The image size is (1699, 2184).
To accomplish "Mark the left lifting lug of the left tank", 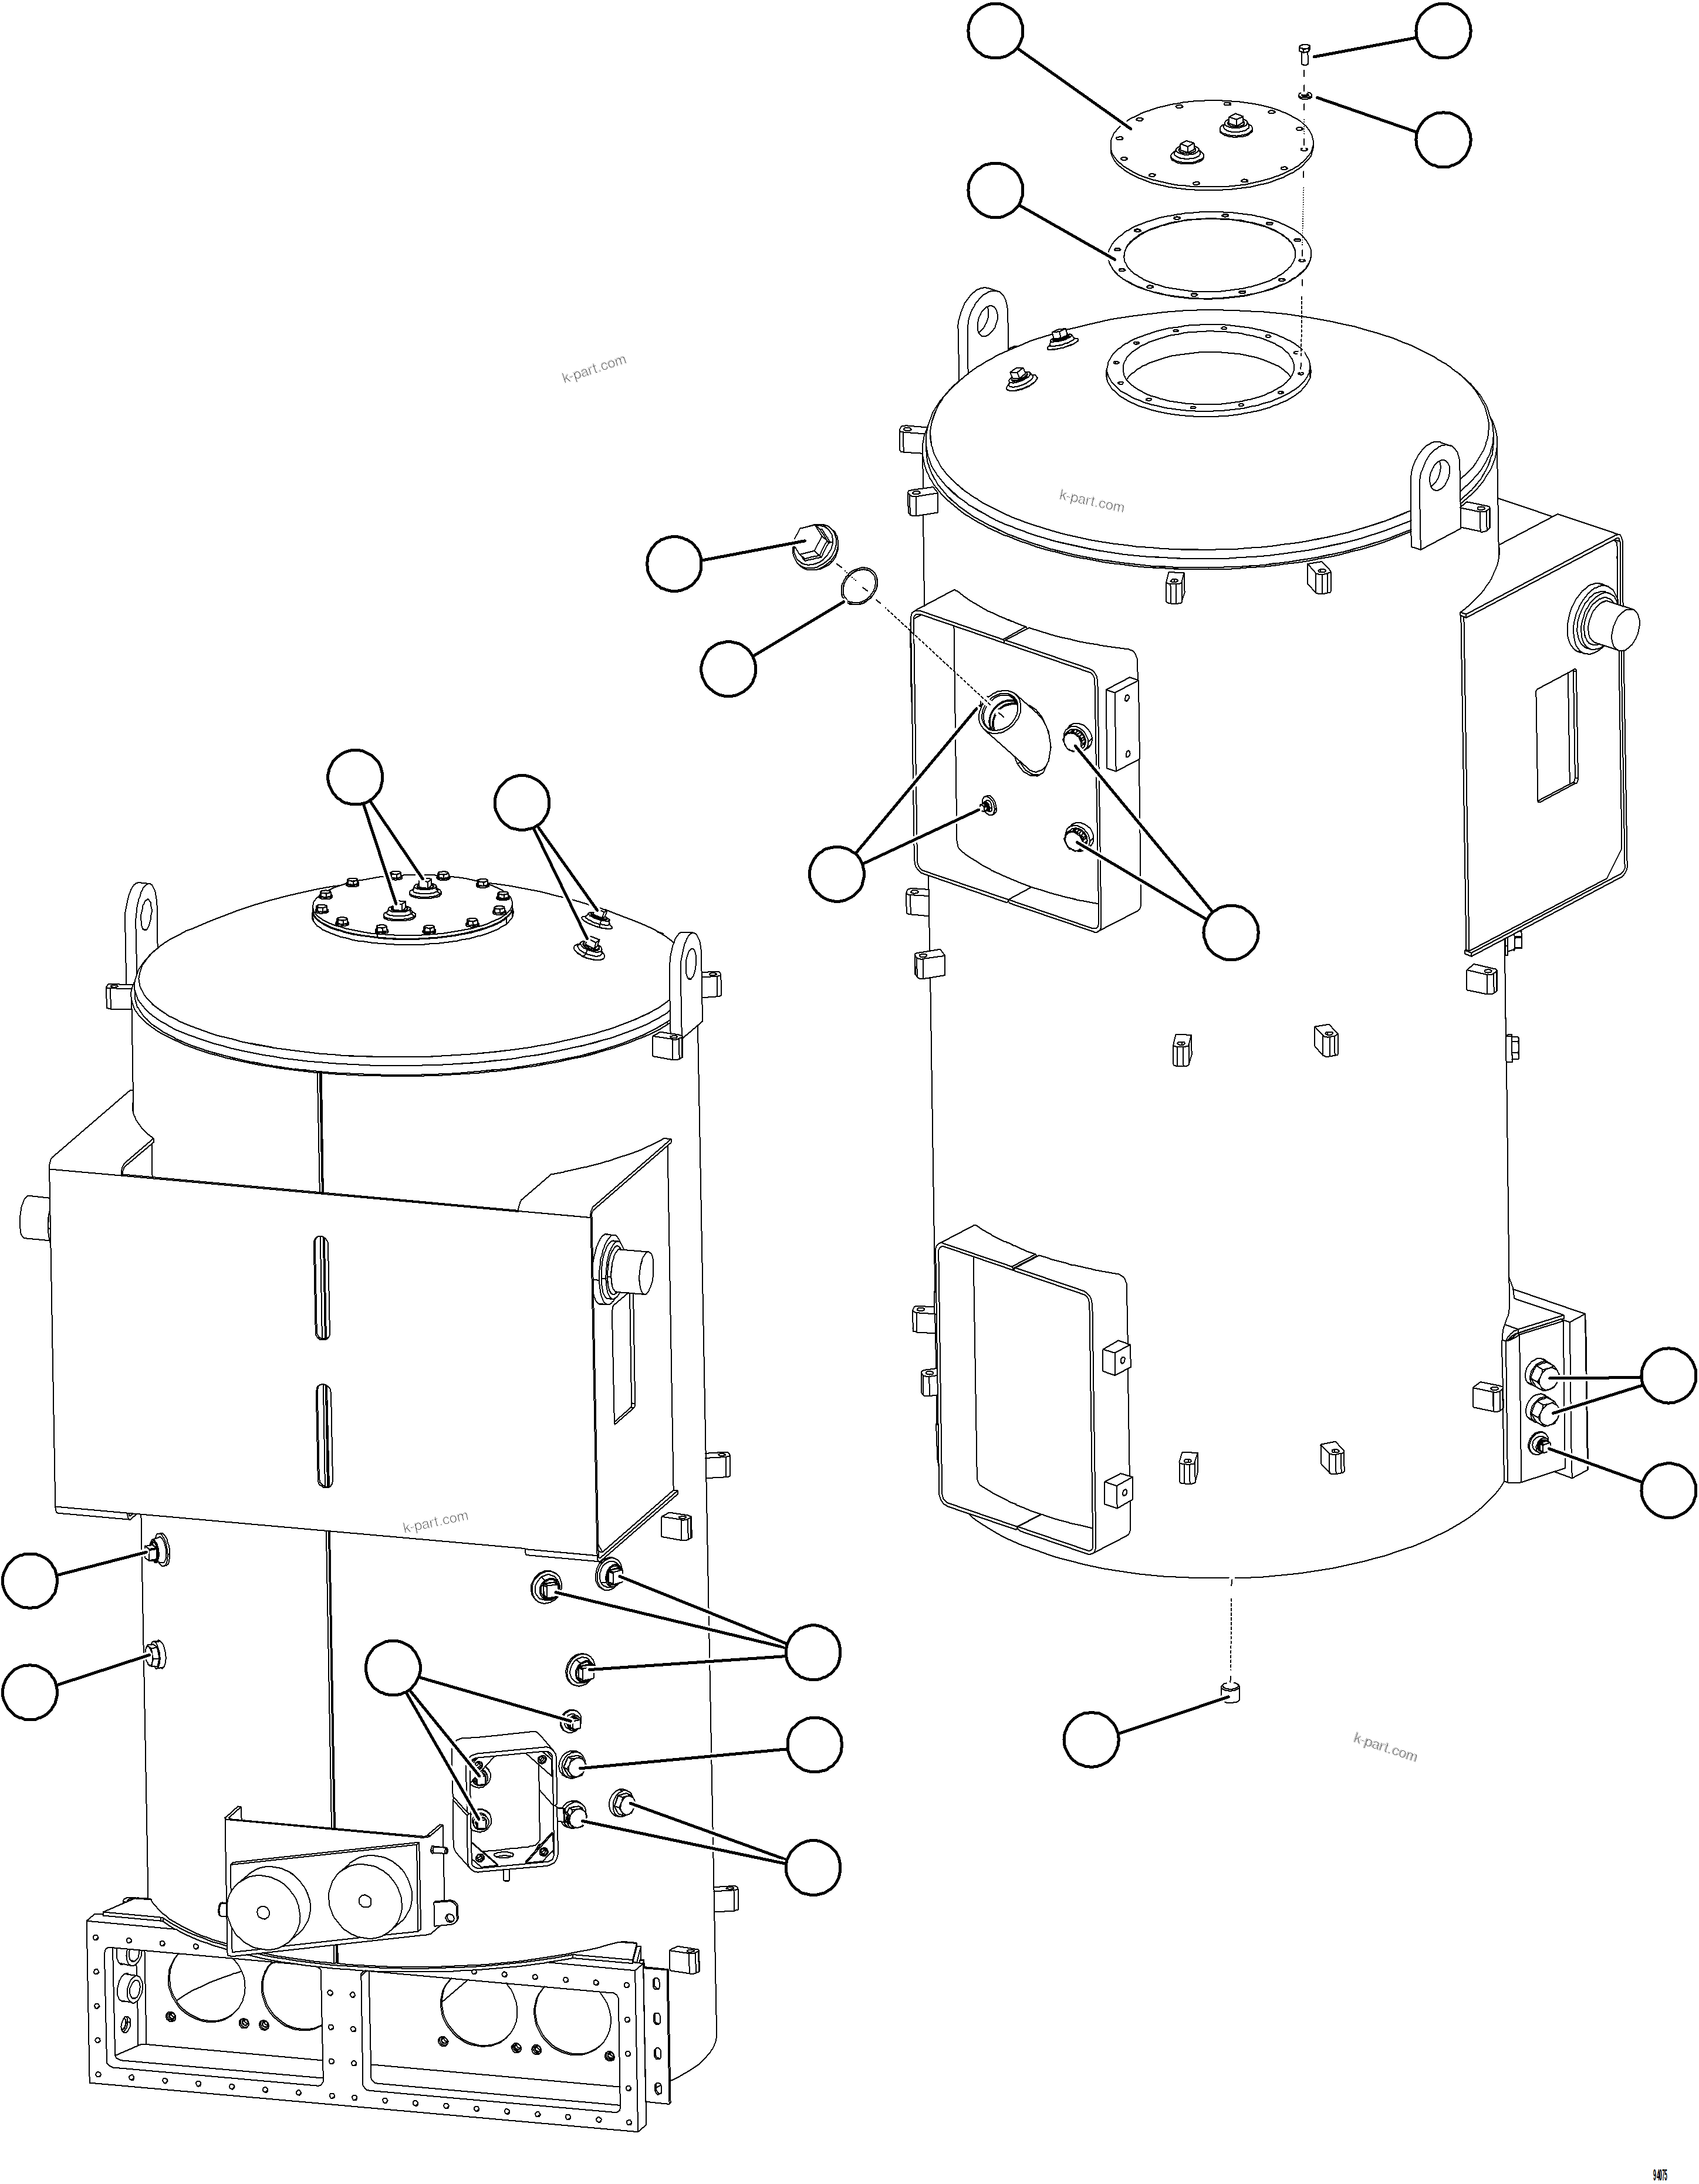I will [x=141, y=914].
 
